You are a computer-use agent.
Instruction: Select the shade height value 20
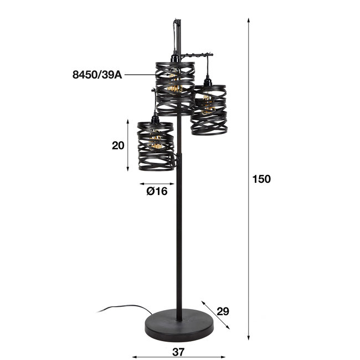click(117, 146)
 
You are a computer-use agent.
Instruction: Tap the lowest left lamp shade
click(156, 146)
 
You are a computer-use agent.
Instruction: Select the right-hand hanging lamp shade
click(208, 110)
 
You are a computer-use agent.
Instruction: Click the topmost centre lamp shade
click(174, 89)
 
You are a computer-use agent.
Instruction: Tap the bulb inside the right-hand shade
click(207, 105)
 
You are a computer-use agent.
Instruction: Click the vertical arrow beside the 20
click(129, 146)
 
